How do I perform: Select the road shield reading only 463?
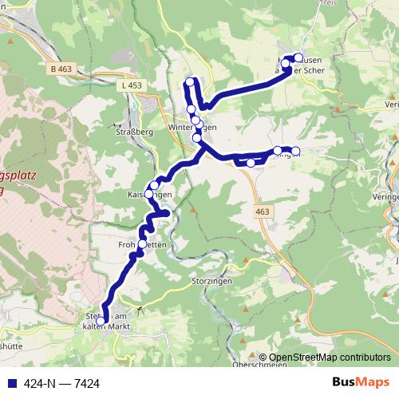coord(263,211)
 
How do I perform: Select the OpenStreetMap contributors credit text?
coord(330,357)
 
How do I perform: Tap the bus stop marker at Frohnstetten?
coord(143,244)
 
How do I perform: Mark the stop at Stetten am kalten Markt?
coord(101,322)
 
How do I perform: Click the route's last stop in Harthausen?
coord(299,57)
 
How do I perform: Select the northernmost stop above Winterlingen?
coord(190,81)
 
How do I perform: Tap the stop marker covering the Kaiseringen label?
coord(148,193)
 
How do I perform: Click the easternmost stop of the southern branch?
coord(295,151)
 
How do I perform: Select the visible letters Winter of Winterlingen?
coord(182,128)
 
